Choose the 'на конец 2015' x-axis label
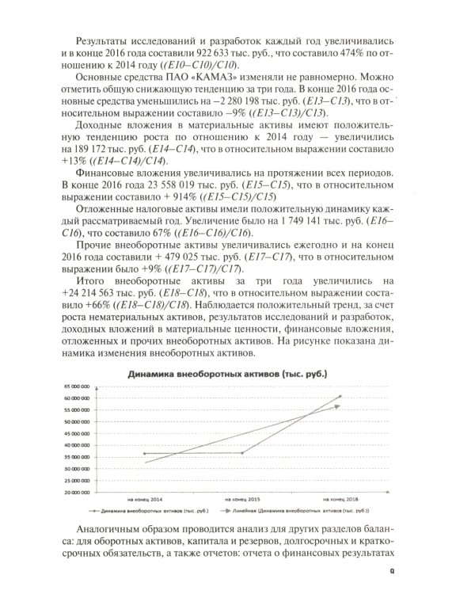click(x=242, y=499)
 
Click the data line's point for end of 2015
click(x=242, y=452)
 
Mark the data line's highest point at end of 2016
click(x=340, y=396)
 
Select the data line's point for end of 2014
click(x=145, y=454)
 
